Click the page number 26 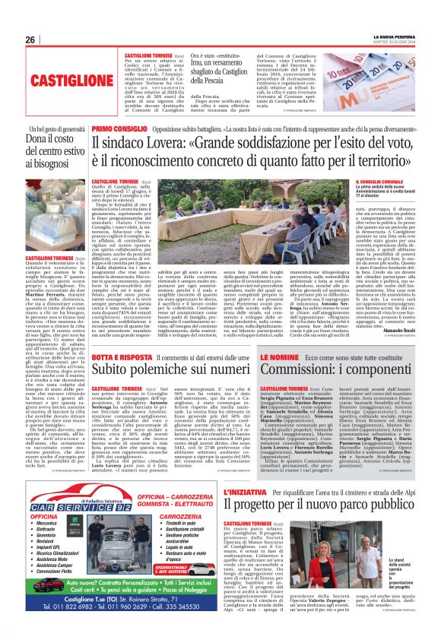coord(30,40)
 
